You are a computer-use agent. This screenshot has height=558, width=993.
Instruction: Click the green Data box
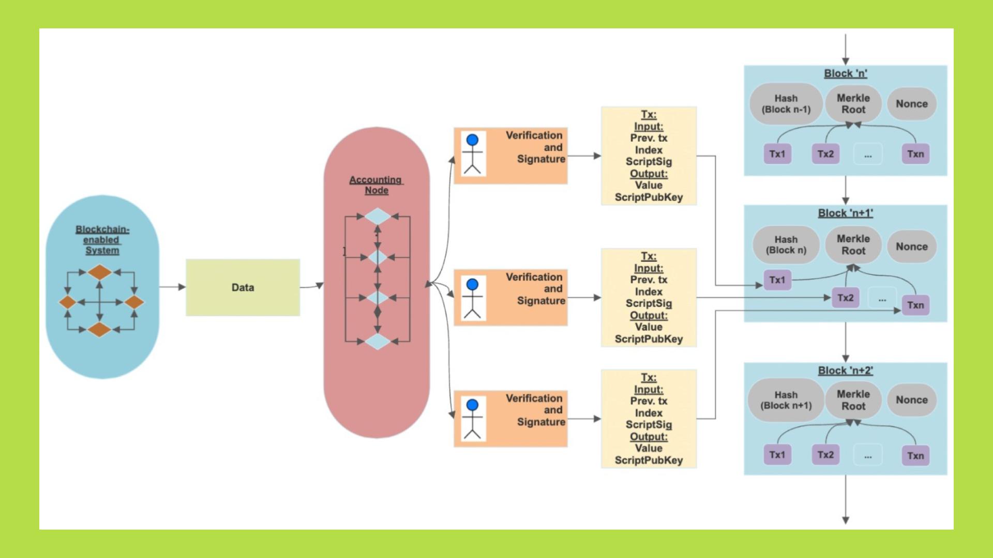[243, 287]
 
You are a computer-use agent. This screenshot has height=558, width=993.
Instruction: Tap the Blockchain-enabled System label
[102, 240]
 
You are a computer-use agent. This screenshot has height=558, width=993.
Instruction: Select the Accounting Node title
[376, 185]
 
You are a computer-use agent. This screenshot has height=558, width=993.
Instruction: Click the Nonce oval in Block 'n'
[911, 104]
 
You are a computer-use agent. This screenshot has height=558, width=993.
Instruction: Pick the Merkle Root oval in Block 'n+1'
[853, 245]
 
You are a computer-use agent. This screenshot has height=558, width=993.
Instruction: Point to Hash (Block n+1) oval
[786, 400]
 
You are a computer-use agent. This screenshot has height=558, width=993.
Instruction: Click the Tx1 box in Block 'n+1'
[777, 280]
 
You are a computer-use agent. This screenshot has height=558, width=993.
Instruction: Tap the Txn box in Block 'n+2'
[915, 456]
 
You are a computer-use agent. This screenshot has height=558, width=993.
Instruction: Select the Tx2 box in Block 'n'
[825, 154]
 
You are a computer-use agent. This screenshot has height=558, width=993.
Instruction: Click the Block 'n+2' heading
[845, 370]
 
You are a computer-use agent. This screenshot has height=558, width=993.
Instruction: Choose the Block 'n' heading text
[845, 73]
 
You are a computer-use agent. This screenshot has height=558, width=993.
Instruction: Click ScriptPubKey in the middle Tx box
[649, 339]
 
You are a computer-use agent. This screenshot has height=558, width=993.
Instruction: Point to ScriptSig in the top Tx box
[649, 162]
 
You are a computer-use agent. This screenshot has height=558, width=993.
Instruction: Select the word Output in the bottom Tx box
[649, 437]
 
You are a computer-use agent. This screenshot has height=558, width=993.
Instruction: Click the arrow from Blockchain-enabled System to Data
[172, 287]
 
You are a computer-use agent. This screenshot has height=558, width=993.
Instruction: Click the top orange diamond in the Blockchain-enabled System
[100, 272]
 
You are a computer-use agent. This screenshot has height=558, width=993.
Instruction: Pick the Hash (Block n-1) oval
[786, 104]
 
